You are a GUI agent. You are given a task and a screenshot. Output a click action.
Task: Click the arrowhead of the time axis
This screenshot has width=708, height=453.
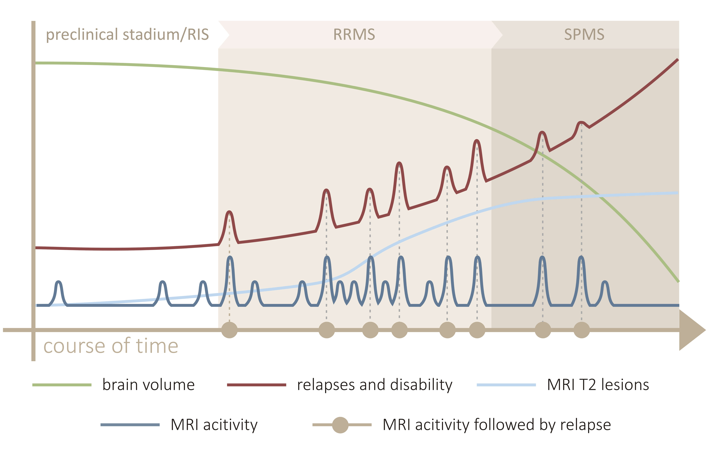[691, 330]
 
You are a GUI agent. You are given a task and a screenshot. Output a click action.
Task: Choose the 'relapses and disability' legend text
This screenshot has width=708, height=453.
[375, 385]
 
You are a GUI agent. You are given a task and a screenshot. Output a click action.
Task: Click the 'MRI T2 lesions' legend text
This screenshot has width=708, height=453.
[598, 385]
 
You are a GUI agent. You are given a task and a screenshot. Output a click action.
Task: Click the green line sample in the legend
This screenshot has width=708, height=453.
[62, 385]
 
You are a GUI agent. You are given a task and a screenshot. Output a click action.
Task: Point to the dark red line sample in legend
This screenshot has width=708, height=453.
[257, 385]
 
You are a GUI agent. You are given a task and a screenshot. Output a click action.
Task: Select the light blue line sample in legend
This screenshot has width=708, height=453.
[506, 385]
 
